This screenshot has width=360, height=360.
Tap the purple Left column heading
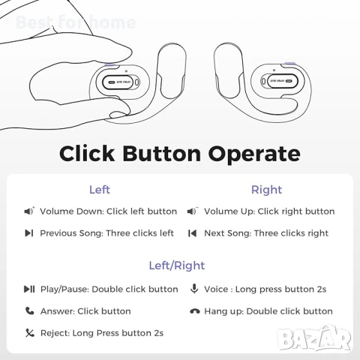99,190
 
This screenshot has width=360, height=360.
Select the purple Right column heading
266,190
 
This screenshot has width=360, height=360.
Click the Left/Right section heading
176,265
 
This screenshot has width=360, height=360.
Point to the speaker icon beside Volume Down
29,211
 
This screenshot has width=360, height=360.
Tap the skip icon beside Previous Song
29,233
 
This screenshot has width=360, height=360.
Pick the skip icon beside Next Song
193,233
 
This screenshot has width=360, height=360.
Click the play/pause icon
29,289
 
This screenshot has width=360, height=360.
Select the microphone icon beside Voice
193,289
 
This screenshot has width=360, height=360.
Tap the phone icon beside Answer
29,310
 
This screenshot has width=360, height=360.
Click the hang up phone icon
194,311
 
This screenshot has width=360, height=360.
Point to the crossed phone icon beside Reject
29,332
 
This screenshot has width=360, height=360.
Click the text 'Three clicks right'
291,233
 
